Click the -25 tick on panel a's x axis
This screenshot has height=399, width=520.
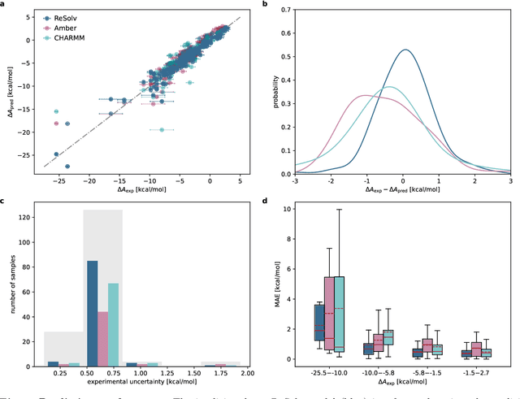pyautogui.click(x=55, y=183)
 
